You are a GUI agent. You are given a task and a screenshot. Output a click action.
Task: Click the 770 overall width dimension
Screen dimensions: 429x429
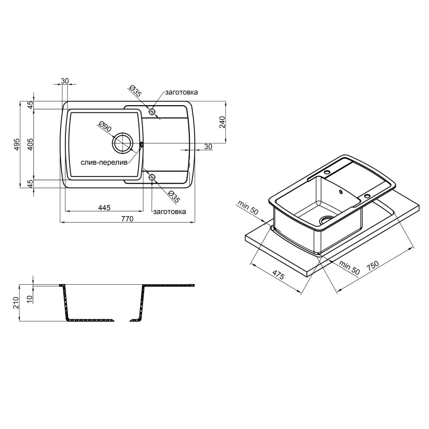(128, 219)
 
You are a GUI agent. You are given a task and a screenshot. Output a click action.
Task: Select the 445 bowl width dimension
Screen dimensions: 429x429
(104, 208)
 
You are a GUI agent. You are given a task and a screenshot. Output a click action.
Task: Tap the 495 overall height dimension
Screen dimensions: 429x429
(17, 144)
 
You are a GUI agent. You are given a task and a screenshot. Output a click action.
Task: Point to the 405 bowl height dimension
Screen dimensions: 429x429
(30, 144)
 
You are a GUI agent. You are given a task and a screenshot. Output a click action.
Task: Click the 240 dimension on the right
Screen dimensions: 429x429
(222, 122)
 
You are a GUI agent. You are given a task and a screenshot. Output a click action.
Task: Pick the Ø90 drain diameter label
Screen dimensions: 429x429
(105, 127)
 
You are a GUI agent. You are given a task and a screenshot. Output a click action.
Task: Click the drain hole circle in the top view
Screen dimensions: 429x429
(122, 143)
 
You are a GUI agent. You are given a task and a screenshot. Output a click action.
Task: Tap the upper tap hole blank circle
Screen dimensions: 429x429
(152, 112)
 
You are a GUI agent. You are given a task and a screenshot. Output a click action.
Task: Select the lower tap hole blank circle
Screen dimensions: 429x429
(152, 177)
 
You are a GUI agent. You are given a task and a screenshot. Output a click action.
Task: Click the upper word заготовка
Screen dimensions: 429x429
(181, 92)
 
